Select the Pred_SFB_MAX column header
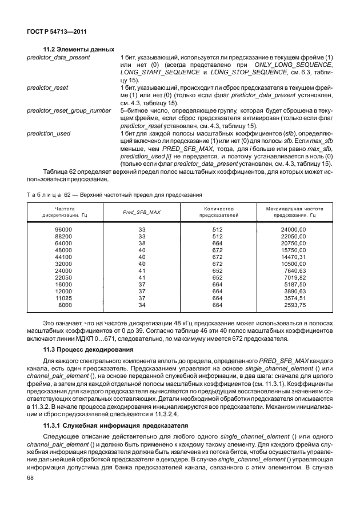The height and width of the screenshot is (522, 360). click(x=142, y=212)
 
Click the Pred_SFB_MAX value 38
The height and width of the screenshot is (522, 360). click(x=142, y=243)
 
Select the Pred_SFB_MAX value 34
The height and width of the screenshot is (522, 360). click(x=142, y=304)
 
